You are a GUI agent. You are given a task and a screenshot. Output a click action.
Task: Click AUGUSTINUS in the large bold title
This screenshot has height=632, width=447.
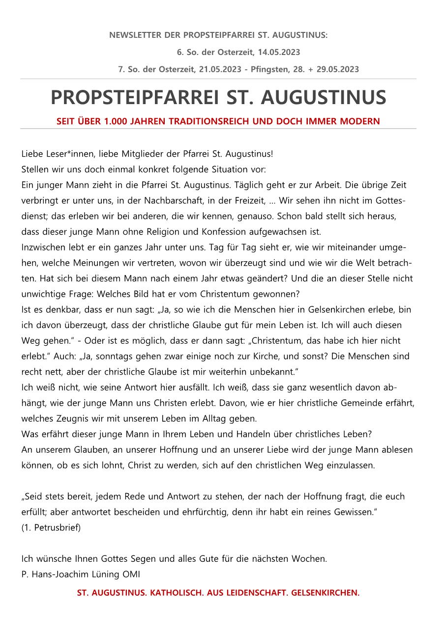point(323,98)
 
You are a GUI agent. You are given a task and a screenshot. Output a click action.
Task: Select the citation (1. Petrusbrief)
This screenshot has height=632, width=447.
point(51,528)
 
